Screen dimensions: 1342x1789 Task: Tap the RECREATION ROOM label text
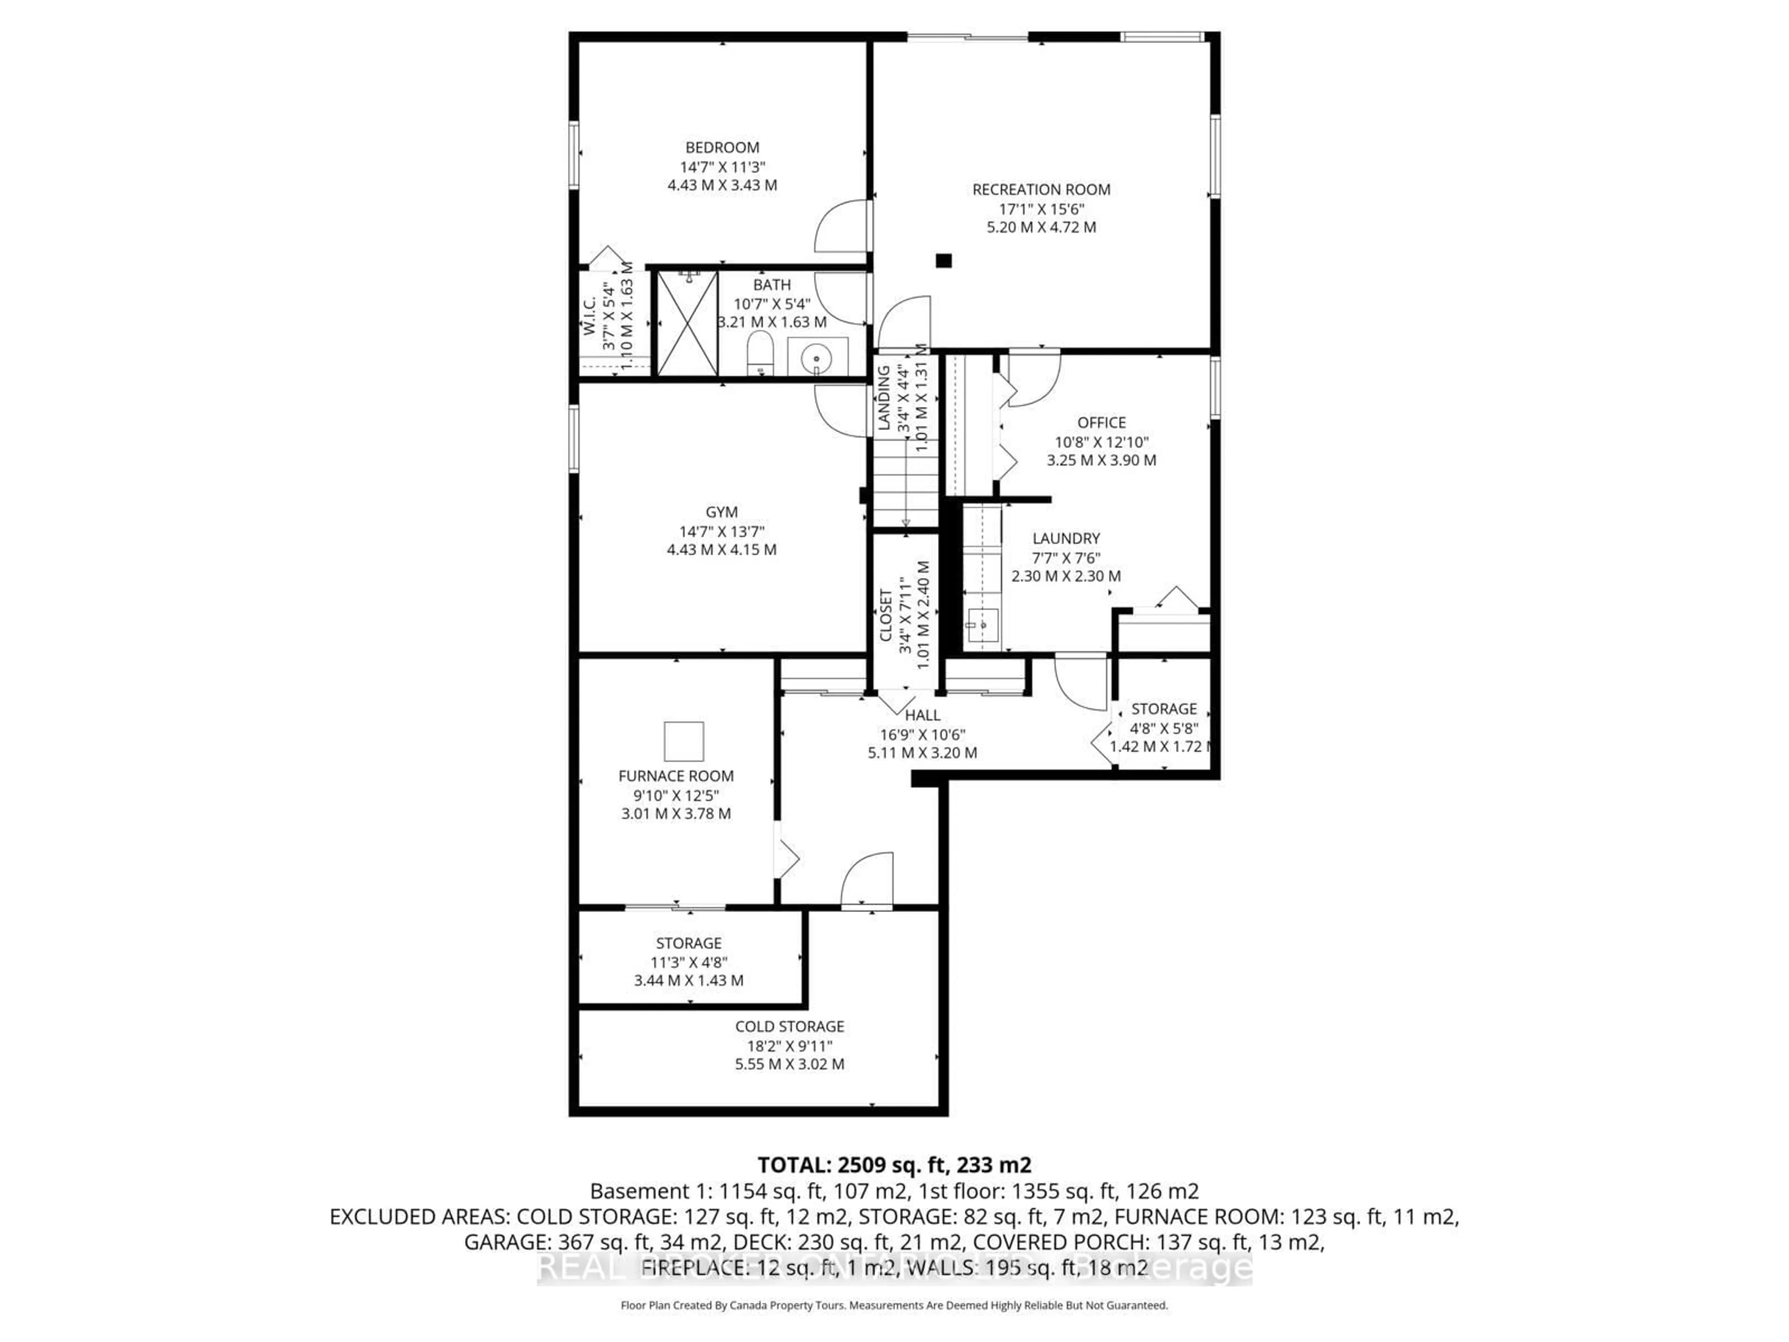pyautogui.click(x=1041, y=189)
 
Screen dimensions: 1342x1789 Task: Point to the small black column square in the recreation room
pyautogui.click(x=943, y=260)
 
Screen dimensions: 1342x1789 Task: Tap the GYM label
pyautogui.click(x=721, y=512)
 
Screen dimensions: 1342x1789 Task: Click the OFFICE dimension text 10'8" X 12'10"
pyautogui.click(x=1101, y=442)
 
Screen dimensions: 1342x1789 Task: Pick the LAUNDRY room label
pyautogui.click(x=1066, y=538)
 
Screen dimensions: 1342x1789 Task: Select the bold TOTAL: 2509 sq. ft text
pyautogui.click(x=894, y=1165)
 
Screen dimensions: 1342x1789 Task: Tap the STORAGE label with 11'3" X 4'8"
pyautogui.click(x=688, y=943)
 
